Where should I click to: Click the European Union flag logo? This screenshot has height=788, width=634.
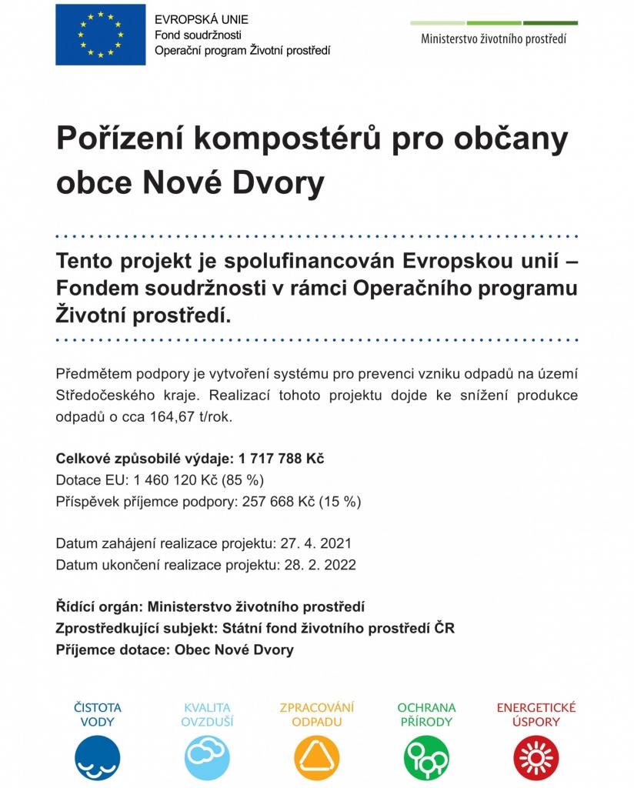100,35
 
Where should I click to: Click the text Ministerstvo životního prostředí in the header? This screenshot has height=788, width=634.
493,39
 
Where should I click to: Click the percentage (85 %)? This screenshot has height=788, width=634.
243,480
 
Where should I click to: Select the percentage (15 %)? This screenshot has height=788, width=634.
339,501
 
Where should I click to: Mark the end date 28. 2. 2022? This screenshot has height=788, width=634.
317,564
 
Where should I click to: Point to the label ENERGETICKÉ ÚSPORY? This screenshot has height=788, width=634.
536,715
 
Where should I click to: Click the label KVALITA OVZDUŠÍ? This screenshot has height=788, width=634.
207,715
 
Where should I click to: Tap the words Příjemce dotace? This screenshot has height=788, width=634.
110,649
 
